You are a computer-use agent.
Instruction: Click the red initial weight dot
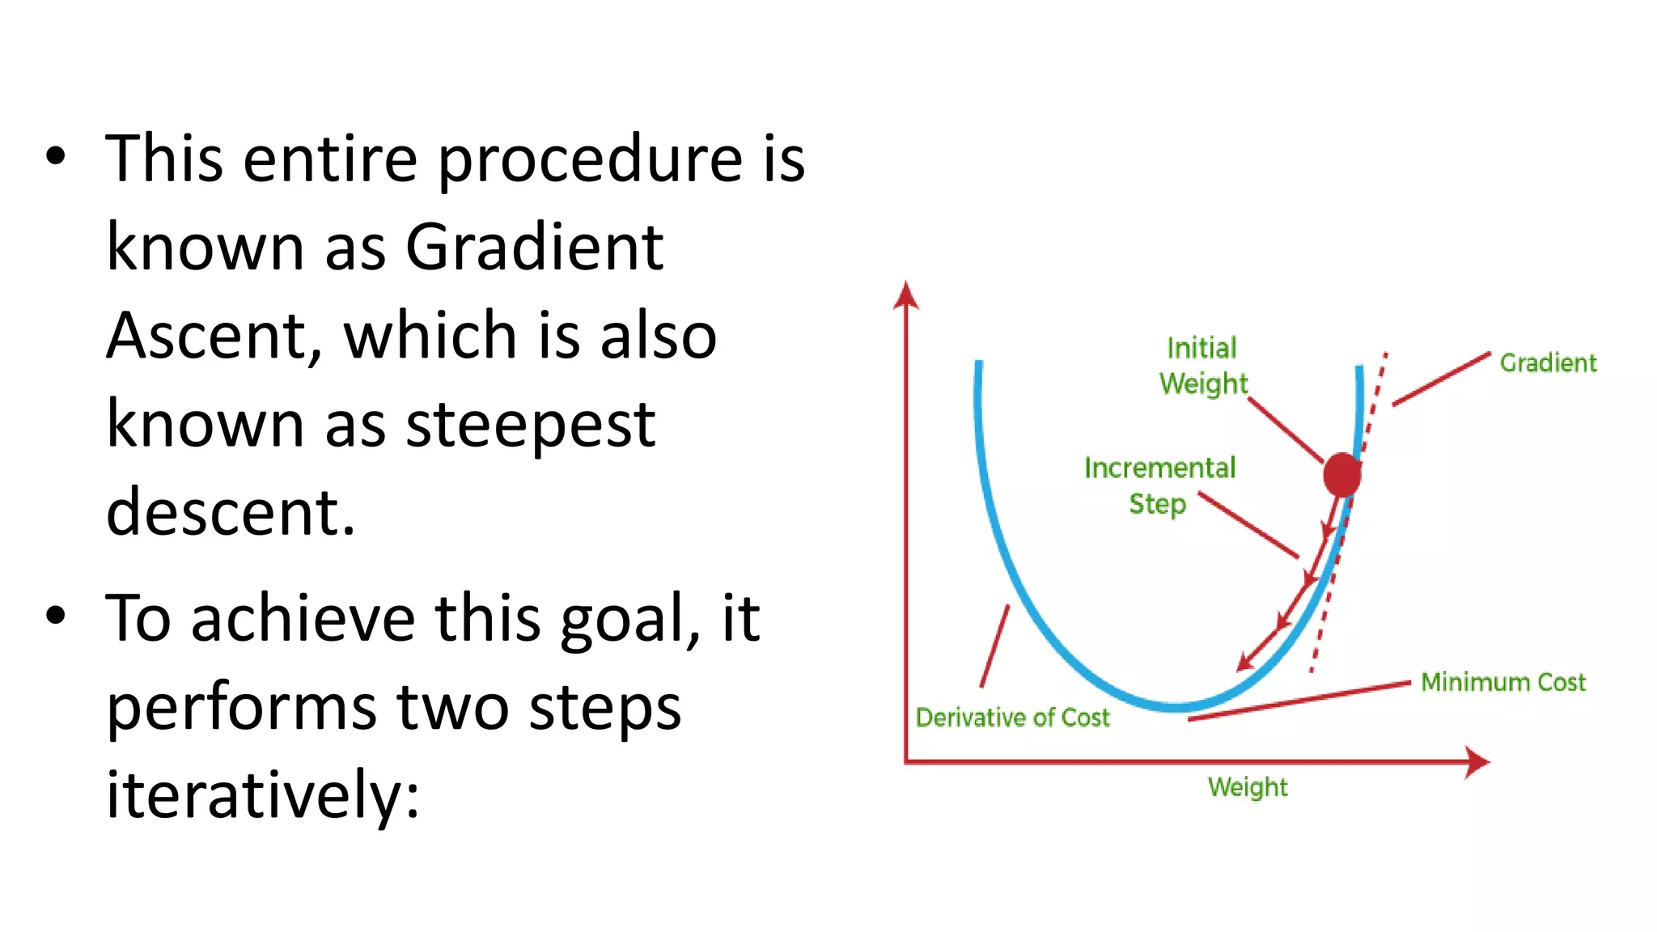tap(1341, 475)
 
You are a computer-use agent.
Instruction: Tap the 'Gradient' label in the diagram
tap(1548, 362)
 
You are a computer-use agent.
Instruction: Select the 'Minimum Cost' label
tap(1503, 682)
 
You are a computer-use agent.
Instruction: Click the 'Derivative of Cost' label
tap(1012, 718)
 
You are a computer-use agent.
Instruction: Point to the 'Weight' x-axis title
tap(1248, 787)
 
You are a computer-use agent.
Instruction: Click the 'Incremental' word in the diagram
tap(1159, 468)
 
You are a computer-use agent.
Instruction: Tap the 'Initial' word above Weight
tap(1201, 348)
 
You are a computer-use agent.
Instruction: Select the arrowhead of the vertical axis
tap(906, 295)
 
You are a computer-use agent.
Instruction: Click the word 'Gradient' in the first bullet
tap(534, 247)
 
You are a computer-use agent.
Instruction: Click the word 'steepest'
tap(530, 425)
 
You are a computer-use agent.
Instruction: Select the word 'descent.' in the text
tap(231, 512)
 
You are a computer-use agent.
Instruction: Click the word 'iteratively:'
tap(263, 795)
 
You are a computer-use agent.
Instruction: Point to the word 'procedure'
tap(590, 159)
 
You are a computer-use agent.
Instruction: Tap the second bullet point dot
tap(55, 616)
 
